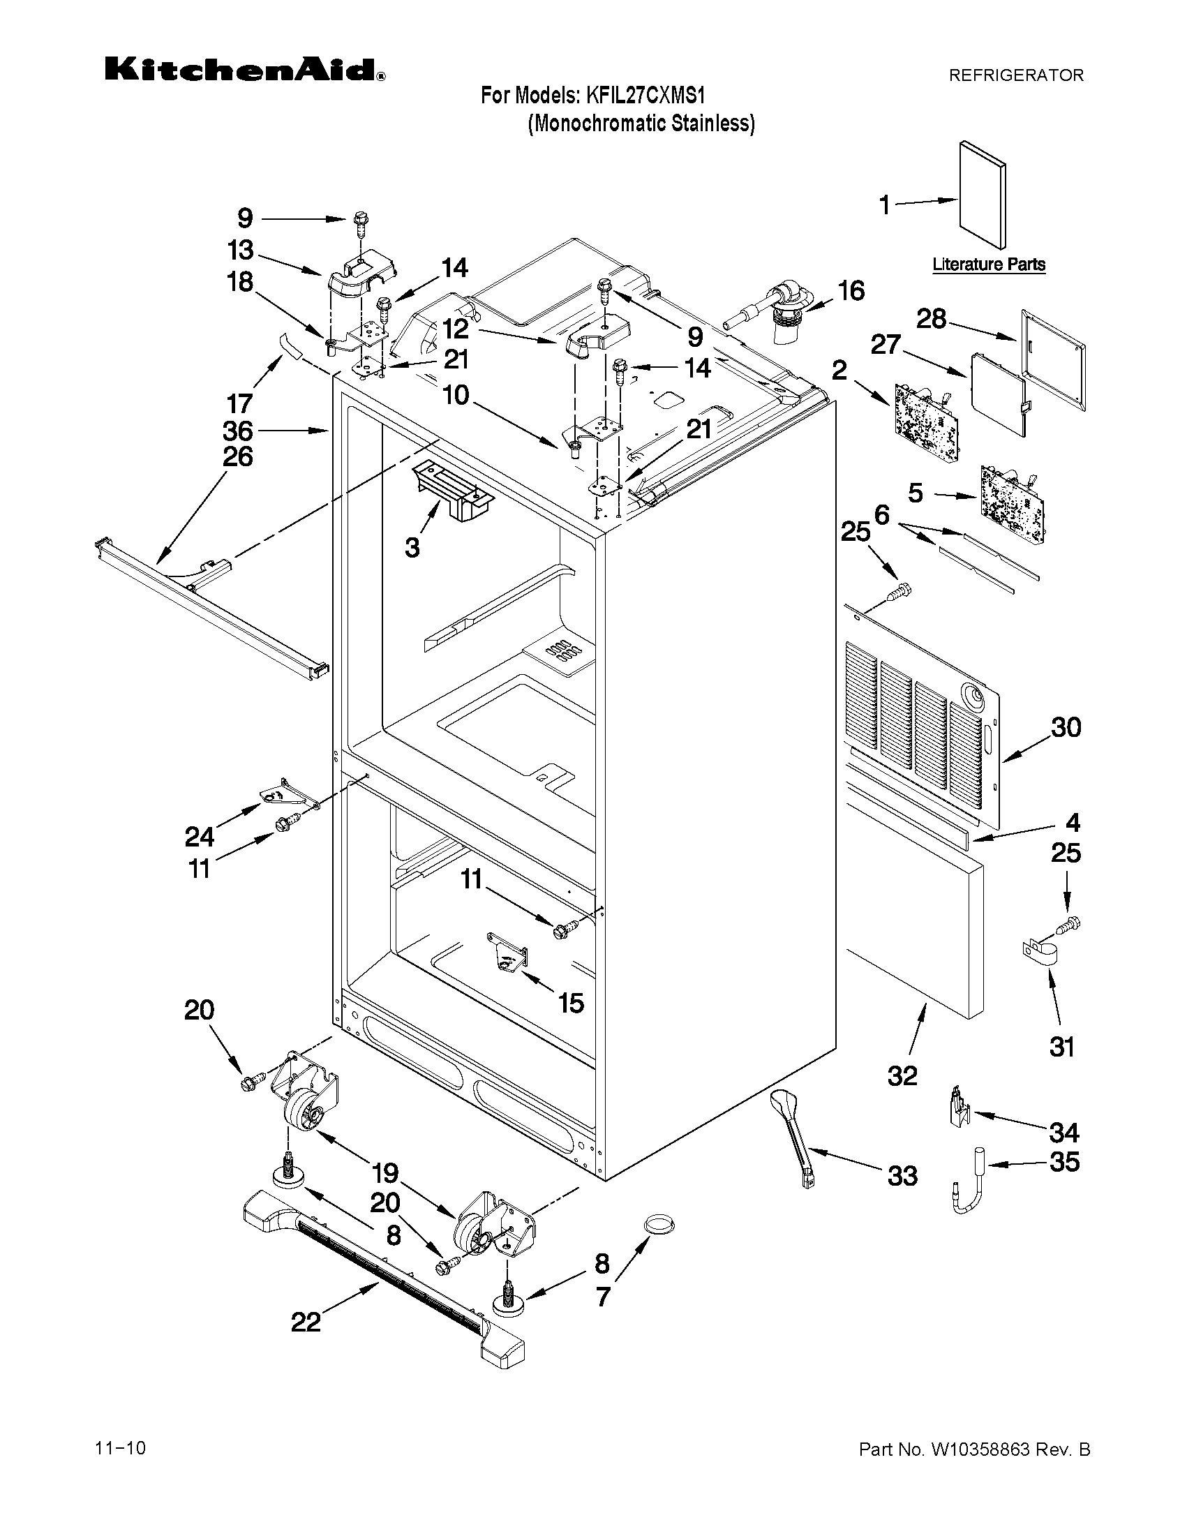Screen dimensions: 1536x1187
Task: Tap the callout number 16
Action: (x=851, y=290)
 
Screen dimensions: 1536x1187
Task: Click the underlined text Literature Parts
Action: (x=989, y=264)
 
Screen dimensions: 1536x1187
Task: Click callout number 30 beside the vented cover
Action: (x=1066, y=726)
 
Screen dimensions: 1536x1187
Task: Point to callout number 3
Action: (x=412, y=546)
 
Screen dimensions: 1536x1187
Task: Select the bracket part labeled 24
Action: (x=285, y=793)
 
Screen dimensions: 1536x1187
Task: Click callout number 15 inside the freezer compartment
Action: (x=571, y=1003)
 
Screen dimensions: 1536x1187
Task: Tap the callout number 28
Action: (x=931, y=319)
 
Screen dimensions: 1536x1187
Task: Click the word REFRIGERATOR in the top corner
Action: (x=1016, y=75)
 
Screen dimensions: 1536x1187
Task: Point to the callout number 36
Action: (x=238, y=431)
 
